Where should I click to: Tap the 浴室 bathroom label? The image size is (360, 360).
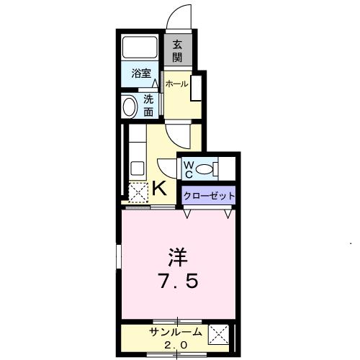[x=140, y=73]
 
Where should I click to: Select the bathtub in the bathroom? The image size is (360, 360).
[x=140, y=49]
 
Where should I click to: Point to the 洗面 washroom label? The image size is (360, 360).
[x=148, y=106]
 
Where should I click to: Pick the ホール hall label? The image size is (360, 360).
[x=177, y=84]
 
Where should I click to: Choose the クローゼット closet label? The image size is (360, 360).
[x=207, y=195]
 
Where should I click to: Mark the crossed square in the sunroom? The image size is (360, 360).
[x=218, y=336]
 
